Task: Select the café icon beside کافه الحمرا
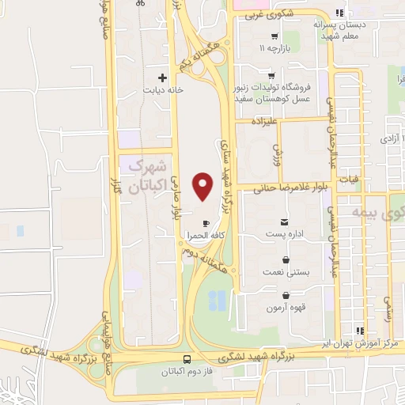(x=206, y=223)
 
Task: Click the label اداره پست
(x=285, y=235)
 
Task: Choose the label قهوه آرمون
(x=286, y=306)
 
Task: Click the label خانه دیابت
(x=162, y=90)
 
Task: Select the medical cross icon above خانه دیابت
(x=162, y=78)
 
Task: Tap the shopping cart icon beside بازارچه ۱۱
(x=274, y=36)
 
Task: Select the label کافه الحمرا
(x=197, y=235)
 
